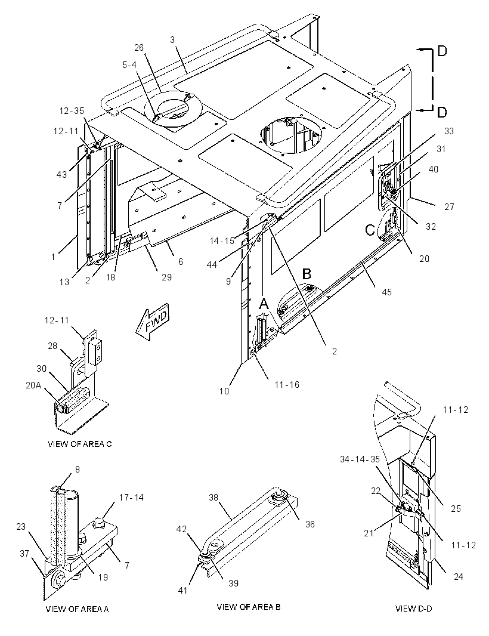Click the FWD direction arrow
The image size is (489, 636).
pyautogui.click(x=152, y=320)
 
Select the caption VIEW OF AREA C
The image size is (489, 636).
pyautogui.click(x=79, y=444)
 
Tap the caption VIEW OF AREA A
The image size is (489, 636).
pyautogui.click(x=77, y=609)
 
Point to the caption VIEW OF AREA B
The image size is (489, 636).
pyautogui.click(x=249, y=607)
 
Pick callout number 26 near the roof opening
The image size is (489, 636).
pyautogui.click(x=139, y=48)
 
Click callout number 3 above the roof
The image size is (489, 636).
pyautogui.click(x=172, y=40)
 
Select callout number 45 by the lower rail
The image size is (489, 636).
pyautogui.click(x=387, y=292)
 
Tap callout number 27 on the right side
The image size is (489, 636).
pyautogui.click(x=449, y=207)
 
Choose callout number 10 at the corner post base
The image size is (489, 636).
pyautogui.click(x=224, y=391)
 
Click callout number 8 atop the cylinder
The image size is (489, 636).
pyautogui.click(x=78, y=470)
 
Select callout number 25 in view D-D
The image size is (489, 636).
pyautogui.click(x=456, y=509)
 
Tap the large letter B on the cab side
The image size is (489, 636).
pyautogui.click(x=307, y=274)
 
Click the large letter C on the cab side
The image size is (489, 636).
pyautogui.click(x=370, y=230)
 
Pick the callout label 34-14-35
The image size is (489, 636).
pyautogui.click(x=360, y=459)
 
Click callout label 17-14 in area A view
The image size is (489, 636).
pyautogui.click(x=131, y=497)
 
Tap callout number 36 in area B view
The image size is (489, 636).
pyautogui.click(x=310, y=524)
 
